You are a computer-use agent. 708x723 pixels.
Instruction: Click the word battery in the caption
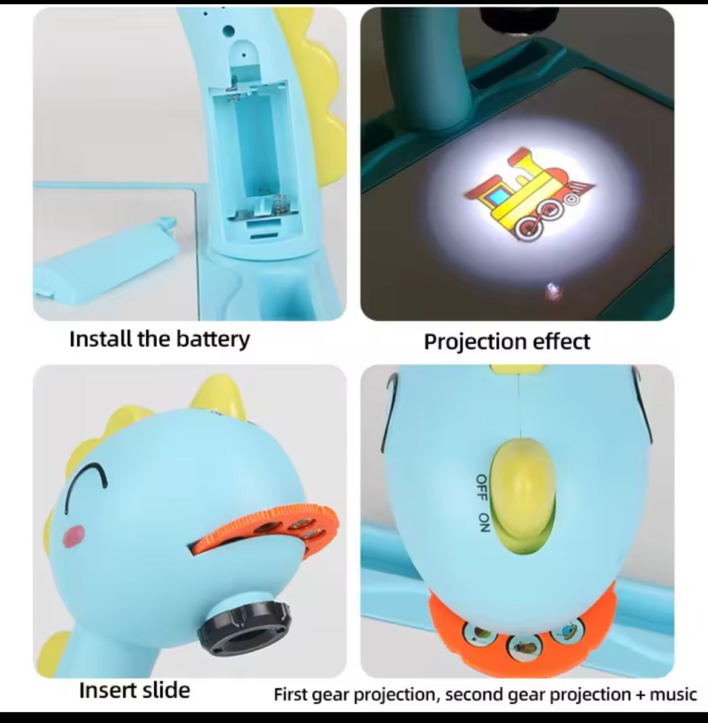click(212, 339)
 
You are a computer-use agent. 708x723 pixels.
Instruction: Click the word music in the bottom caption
click(673, 694)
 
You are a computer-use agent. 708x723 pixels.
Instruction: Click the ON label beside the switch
click(484, 522)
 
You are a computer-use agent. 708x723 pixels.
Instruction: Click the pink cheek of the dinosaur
click(74, 536)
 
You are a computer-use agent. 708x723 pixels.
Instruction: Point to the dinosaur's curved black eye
click(86, 486)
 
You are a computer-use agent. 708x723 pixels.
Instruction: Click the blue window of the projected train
click(496, 197)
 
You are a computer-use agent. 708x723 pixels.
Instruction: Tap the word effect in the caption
click(562, 342)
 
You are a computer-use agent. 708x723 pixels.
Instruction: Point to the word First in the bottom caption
click(290, 694)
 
